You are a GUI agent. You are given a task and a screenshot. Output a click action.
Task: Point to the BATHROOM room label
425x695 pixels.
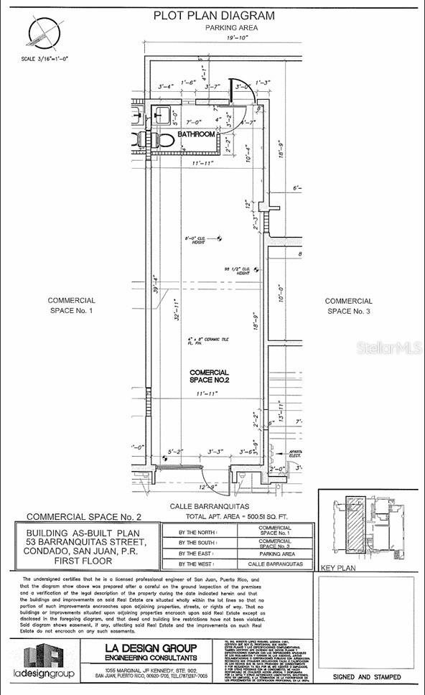click(x=197, y=134)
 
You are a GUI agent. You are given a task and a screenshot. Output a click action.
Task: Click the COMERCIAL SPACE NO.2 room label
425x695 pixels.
click(x=209, y=376)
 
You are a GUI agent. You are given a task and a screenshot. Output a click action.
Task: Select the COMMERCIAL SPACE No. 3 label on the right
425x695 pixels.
click(x=348, y=306)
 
